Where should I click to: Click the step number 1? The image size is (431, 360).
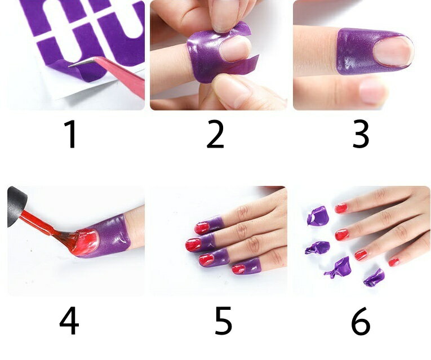70,135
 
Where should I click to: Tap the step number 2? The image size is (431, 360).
215,135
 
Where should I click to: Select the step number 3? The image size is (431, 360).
361,135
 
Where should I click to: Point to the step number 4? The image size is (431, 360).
69,321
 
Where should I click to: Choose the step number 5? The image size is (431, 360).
223,321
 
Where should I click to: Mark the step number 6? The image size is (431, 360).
361,321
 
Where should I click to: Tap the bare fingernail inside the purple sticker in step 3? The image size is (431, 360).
394,51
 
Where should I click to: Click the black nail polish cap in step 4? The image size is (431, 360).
16,206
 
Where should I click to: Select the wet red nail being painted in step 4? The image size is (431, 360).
87,242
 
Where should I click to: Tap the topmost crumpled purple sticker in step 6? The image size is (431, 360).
318,216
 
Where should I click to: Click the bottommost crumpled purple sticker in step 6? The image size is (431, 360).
374,278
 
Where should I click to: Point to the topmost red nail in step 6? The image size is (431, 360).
341,208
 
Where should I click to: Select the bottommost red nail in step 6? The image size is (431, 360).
394,262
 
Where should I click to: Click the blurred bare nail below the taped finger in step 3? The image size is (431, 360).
374,91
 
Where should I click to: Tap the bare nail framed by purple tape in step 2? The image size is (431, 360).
234,49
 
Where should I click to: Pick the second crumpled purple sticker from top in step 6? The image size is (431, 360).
317,248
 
